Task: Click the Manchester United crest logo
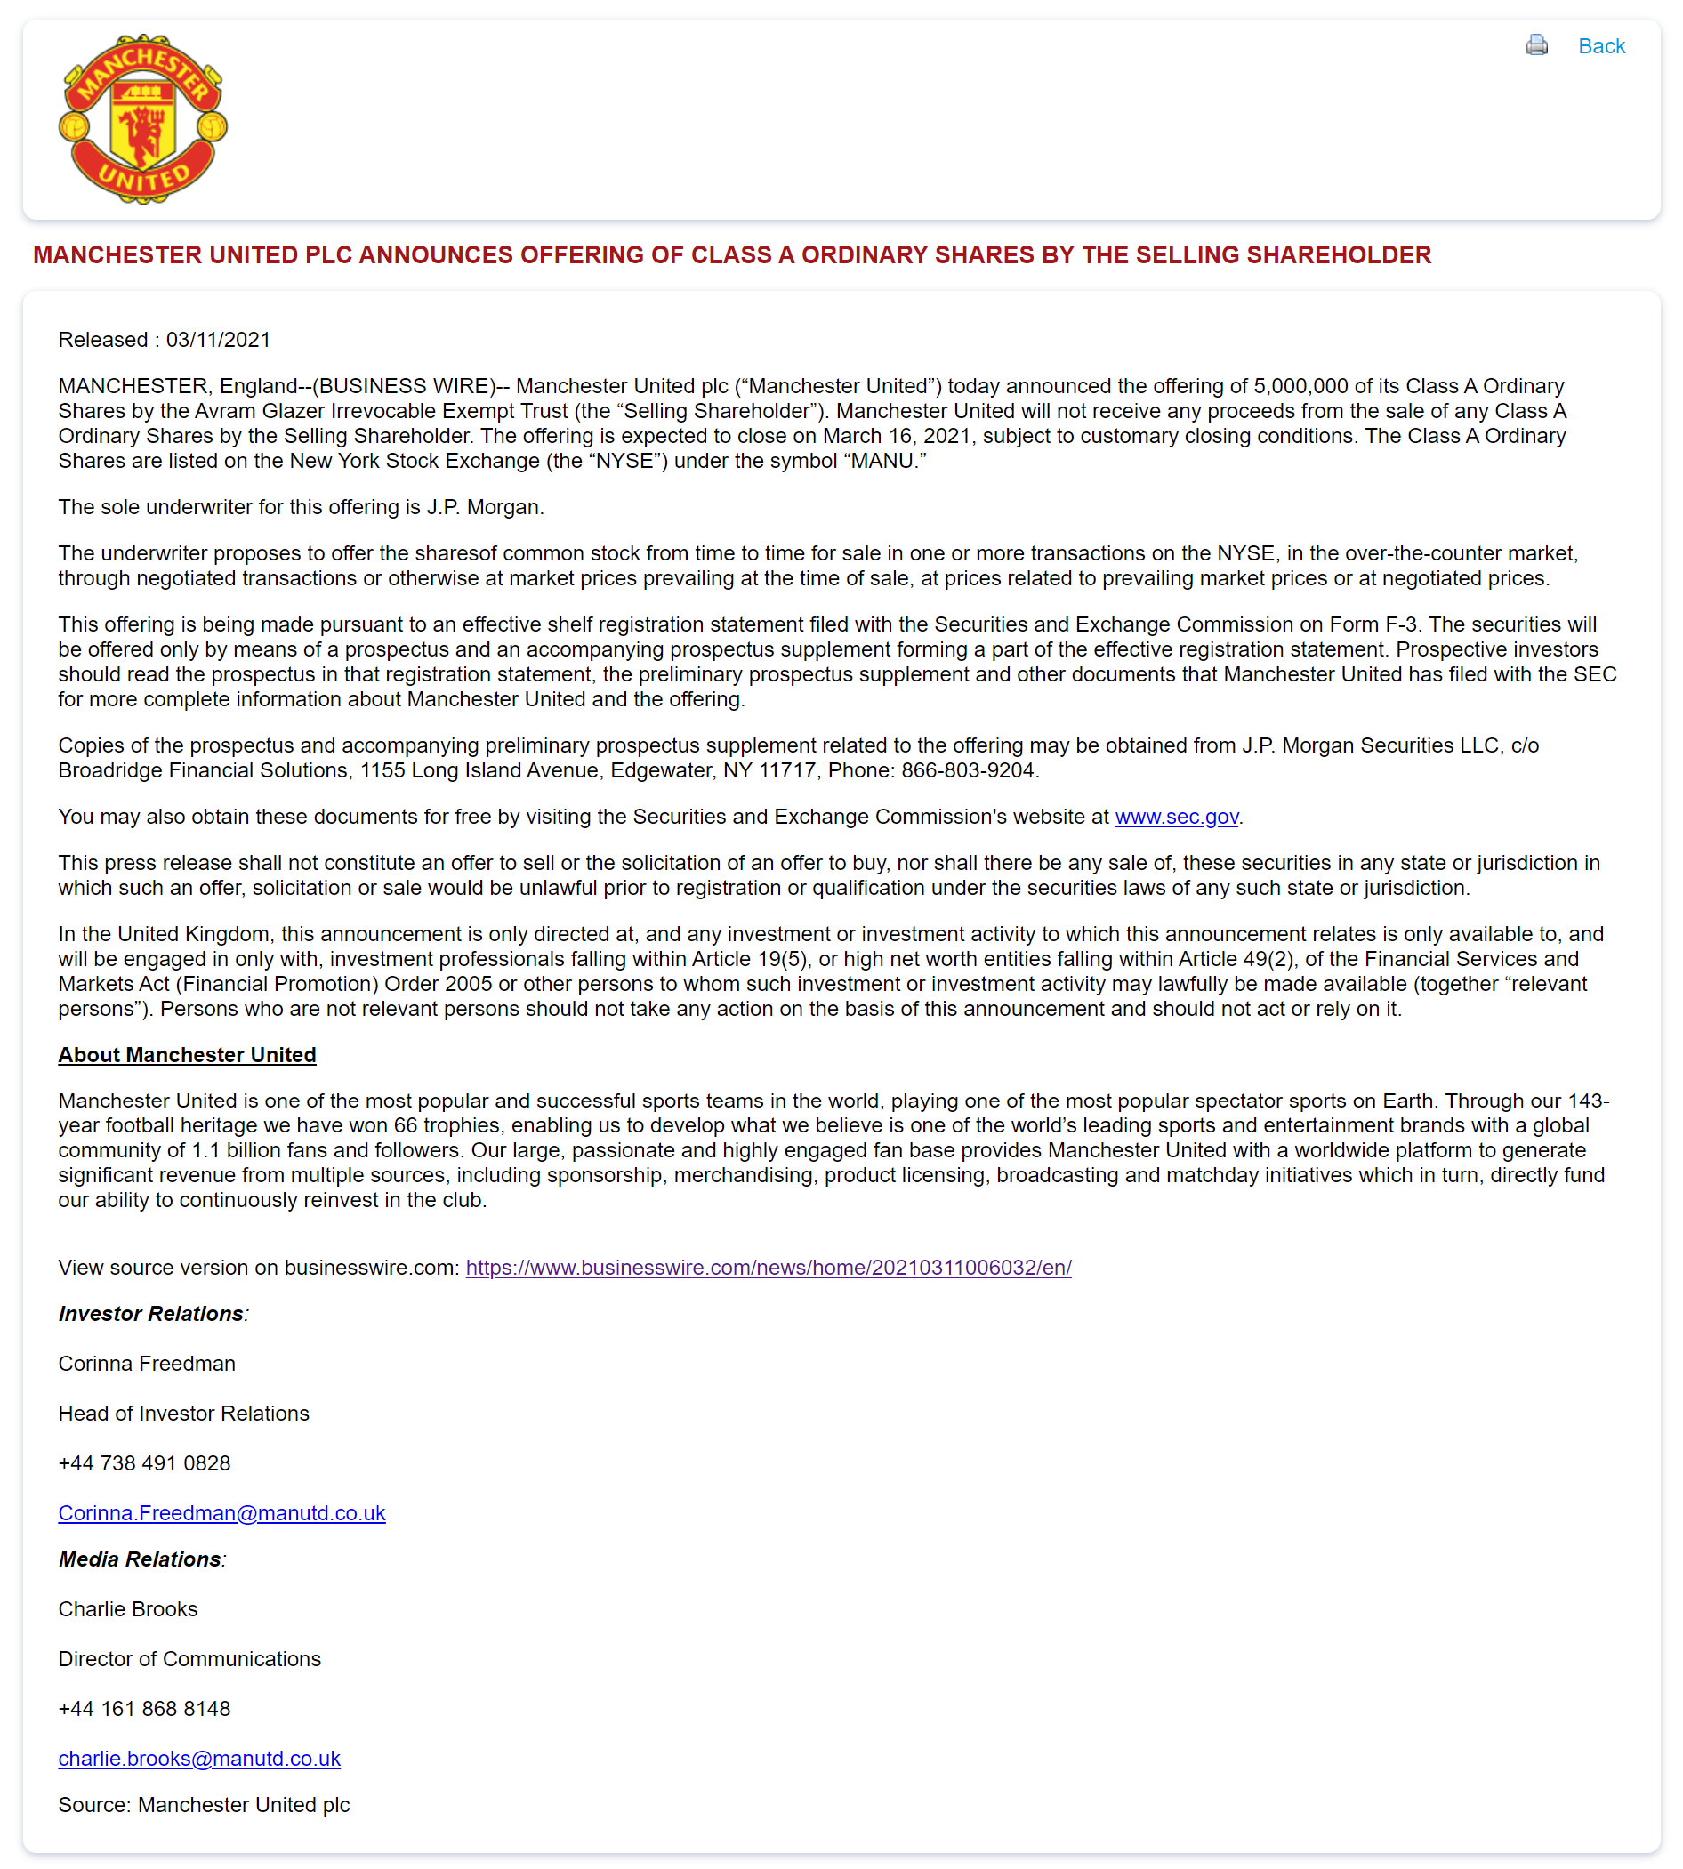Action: tap(142, 119)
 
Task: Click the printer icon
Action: tap(1536, 45)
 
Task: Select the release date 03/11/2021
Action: tap(218, 340)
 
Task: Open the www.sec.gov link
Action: tap(1175, 817)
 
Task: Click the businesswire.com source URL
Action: tap(768, 1267)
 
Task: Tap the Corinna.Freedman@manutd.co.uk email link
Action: tap(221, 1513)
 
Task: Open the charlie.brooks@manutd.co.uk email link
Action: tap(199, 1758)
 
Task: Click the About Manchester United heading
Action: tap(187, 1055)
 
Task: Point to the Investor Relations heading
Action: tap(151, 1314)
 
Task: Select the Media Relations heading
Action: tap(141, 1559)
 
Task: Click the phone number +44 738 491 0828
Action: tap(144, 1463)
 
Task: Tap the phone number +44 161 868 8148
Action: tap(144, 1708)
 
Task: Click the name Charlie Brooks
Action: tap(127, 1609)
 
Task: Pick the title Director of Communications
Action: tap(189, 1659)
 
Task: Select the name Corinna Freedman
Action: tap(146, 1364)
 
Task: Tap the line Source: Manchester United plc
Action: tap(204, 1804)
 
